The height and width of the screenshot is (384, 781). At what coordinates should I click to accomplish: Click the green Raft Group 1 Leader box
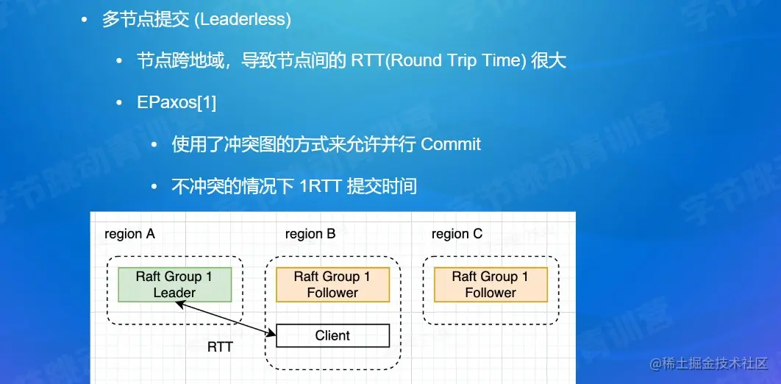click(x=175, y=285)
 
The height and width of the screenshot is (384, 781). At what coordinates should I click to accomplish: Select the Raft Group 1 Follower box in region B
click(x=332, y=285)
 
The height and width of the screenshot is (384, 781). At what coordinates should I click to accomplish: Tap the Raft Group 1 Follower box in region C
click(x=491, y=285)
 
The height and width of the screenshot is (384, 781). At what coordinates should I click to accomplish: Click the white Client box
click(x=332, y=335)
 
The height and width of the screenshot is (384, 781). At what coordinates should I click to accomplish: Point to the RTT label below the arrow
click(x=220, y=346)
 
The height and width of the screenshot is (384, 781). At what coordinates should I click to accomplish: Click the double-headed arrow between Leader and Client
click(x=221, y=317)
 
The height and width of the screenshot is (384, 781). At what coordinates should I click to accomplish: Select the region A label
click(x=129, y=234)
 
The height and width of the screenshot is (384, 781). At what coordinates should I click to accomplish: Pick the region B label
click(x=310, y=234)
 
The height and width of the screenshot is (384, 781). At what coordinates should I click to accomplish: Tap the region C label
click(x=457, y=234)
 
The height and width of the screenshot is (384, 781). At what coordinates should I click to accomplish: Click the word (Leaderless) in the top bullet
click(x=242, y=20)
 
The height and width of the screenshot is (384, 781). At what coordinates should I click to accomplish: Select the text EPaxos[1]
click(x=176, y=102)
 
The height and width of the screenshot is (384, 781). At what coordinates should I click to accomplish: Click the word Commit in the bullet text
click(x=451, y=144)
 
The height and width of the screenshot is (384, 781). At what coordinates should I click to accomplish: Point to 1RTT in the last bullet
click(x=320, y=186)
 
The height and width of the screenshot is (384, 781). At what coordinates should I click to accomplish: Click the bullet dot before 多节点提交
click(x=86, y=20)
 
